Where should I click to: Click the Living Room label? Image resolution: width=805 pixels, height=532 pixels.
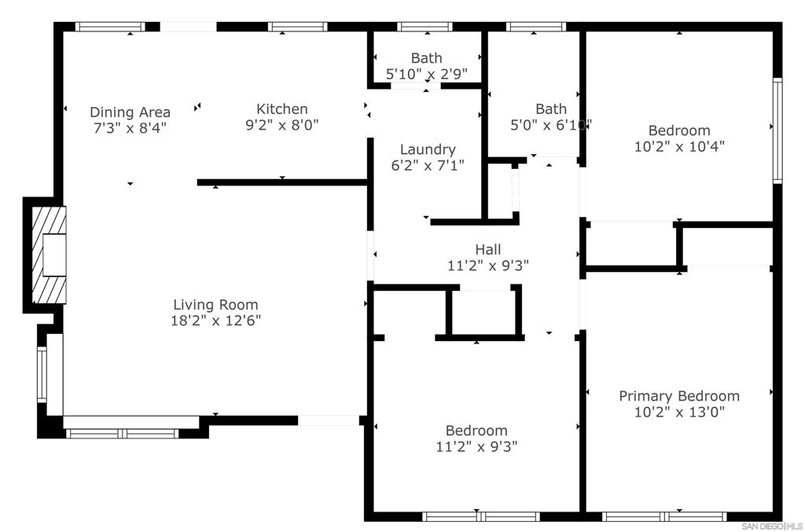[215, 305]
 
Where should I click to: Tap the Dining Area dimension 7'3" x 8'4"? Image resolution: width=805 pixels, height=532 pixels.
[130, 128]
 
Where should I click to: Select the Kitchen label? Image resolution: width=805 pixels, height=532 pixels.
[282, 108]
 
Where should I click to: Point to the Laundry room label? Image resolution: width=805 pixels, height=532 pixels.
[428, 149]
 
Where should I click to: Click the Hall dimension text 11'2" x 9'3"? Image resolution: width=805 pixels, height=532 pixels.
[487, 266]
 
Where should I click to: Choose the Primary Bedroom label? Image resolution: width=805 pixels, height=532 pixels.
[679, 396]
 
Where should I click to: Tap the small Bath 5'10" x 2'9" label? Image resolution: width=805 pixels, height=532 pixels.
[427, 66]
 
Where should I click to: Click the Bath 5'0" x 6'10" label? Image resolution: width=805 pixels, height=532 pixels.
[551, 117]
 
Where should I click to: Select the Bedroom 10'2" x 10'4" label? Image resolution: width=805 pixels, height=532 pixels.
[679, 138]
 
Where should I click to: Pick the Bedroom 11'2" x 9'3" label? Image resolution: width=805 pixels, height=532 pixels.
[476, 438]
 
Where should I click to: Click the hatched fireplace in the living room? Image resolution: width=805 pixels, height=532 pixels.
[49, 255]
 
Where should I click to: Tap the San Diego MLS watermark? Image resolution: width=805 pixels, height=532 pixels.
[772, 526]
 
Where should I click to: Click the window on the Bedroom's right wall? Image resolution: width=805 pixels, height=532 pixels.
[777, 130]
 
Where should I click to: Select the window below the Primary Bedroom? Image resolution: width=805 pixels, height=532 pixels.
[663, 516]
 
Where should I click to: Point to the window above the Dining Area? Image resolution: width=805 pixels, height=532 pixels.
[110, 27]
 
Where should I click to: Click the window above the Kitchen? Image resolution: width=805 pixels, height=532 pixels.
[298, 27]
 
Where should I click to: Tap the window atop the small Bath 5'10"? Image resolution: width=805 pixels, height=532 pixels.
[425, 27]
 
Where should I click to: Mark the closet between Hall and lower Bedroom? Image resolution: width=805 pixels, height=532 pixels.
[483, 313]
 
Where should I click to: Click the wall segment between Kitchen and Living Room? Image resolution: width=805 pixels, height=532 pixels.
[282, 182]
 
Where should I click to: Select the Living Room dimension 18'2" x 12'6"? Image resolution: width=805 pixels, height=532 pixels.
[215, 321]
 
